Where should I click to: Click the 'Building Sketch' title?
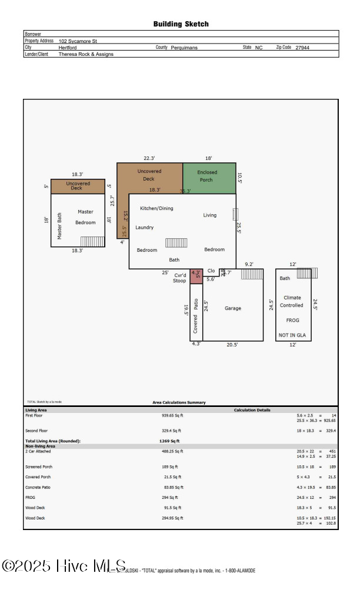[x=181, y=24]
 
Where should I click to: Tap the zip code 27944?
[x=302, y=48]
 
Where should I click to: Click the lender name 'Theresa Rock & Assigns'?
[x=86, y=54]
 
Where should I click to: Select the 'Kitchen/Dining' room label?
[x=156, y=208]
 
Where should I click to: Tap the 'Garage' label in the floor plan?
[x=232, y=308]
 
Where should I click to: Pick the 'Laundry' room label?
[x=144, y=227]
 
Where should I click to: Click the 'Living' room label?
[x=210, y=215]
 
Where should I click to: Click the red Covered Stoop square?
[x=196, y=276]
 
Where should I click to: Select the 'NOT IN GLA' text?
[x=292, y=335]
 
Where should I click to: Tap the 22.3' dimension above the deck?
[x=149, y=158]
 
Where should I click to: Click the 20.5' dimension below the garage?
[x=232, y=345]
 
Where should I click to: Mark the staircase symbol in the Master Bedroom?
[x=92, y=241]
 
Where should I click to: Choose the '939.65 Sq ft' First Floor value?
[x=173, y=415]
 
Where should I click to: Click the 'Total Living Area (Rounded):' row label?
[x=52, y=441]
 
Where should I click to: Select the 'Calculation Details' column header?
[x=252, y=410]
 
